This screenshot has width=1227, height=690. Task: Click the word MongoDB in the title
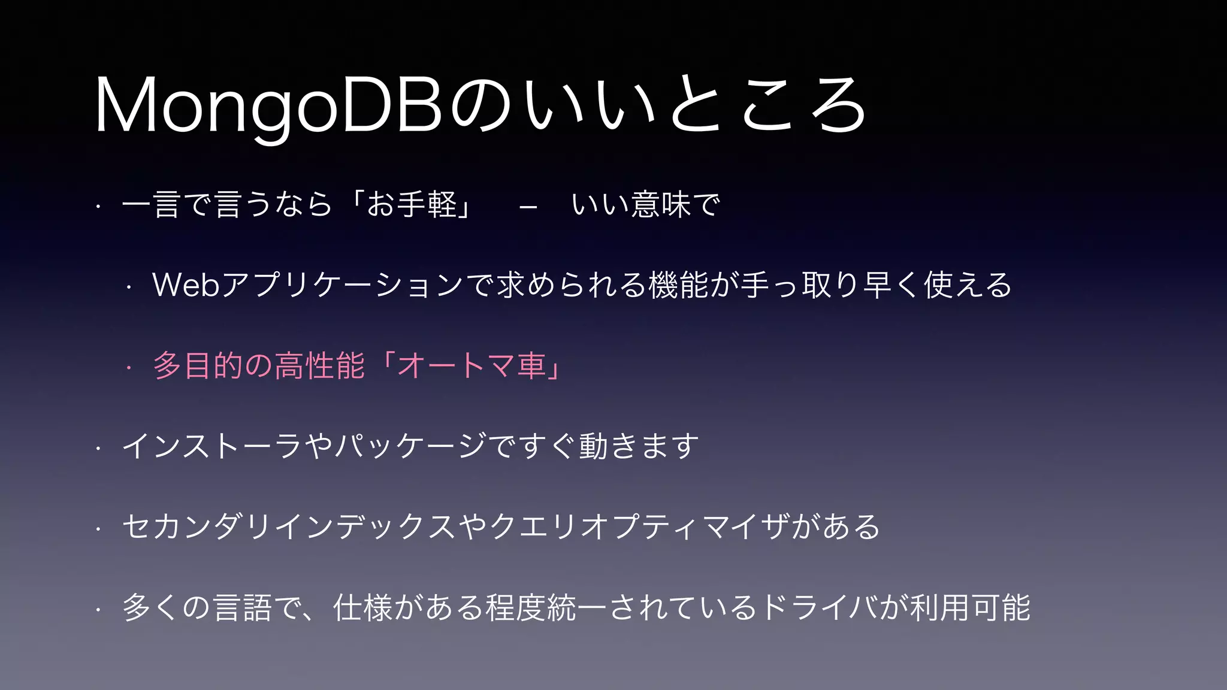268,107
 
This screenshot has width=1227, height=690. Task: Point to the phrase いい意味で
645,205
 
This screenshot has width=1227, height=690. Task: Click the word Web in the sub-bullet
186,285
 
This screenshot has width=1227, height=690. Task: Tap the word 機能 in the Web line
678,285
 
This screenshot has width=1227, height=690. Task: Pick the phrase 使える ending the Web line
968,285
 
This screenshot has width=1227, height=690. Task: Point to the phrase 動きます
639,446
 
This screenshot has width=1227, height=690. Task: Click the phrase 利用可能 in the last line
970,607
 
